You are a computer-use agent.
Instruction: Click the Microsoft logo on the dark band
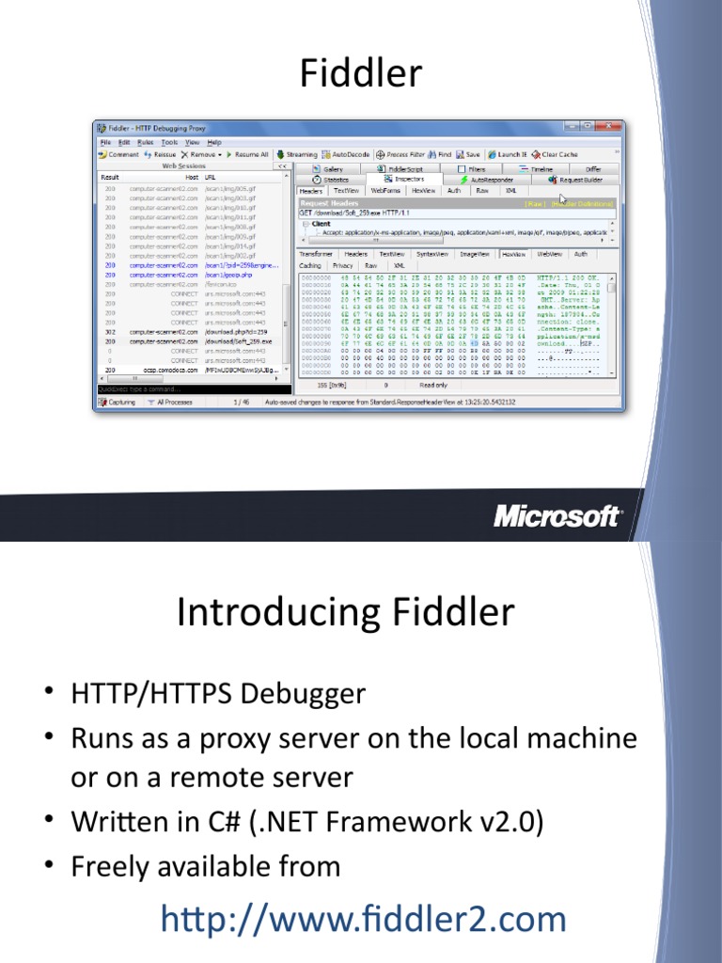pyautogui.click(x=557, y=515)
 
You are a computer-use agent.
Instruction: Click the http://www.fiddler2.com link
pyautogui.click(x=364, y=919)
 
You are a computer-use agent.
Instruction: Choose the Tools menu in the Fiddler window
pyautogui.click(x=169, y=142)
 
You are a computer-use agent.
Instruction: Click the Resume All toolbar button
pyautogui.click(x=246, y=154)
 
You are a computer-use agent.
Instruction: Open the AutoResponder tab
pyautogui.click(x=488, y=179)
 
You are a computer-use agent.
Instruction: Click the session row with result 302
pyautogui.click(x=188, y=332)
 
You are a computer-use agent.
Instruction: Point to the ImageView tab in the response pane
pyautogui.click(x=474, y=254)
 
